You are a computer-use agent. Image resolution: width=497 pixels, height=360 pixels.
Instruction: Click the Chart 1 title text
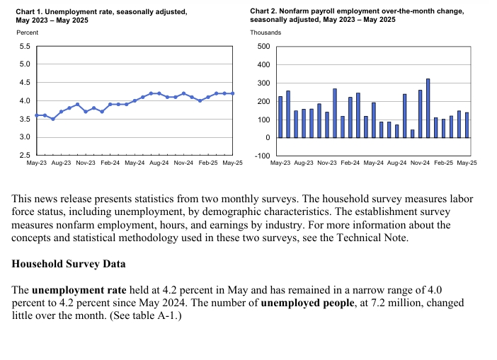(x=101, y=16)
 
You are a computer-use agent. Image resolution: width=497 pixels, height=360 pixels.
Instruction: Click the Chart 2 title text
(x=357, y=15)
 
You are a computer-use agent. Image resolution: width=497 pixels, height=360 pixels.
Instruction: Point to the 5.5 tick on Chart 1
(x=25, y=46)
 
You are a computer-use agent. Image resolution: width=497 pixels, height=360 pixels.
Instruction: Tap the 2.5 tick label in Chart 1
(x=25, y=155)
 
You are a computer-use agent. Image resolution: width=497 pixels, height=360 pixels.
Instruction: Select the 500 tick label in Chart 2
(x=263, y=46)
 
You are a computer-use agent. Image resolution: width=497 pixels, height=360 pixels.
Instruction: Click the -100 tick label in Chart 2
(x=263, y=156)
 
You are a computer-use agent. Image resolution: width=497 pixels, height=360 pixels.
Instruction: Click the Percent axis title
(x=28, y=33)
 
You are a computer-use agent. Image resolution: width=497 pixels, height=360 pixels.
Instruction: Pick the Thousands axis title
(x=265, y=33)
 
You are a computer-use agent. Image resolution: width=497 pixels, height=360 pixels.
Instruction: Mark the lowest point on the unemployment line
(x=53, y=119)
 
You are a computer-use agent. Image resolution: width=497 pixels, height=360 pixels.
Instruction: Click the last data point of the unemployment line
(x=233, y=93)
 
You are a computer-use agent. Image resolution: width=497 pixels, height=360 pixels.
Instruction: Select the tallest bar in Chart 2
(x=428, y=108)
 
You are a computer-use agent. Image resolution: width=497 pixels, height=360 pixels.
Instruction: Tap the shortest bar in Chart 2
(x=412, y=134)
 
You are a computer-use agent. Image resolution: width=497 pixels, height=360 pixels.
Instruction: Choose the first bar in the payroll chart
(x=280, y=117)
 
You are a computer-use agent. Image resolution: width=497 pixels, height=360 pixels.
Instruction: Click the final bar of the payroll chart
(x=467, y=125)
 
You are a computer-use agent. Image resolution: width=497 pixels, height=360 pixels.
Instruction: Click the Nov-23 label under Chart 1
(x=86, y=163)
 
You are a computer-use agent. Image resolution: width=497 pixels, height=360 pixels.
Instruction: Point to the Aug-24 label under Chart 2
(x=397, y=163)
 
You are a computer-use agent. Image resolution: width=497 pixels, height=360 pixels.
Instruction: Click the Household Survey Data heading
(x=69, y=264)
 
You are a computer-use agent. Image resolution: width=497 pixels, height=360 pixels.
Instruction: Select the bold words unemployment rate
(x=79, y=290)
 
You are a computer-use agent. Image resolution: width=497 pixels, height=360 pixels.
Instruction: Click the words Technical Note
(x=372, y=238)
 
